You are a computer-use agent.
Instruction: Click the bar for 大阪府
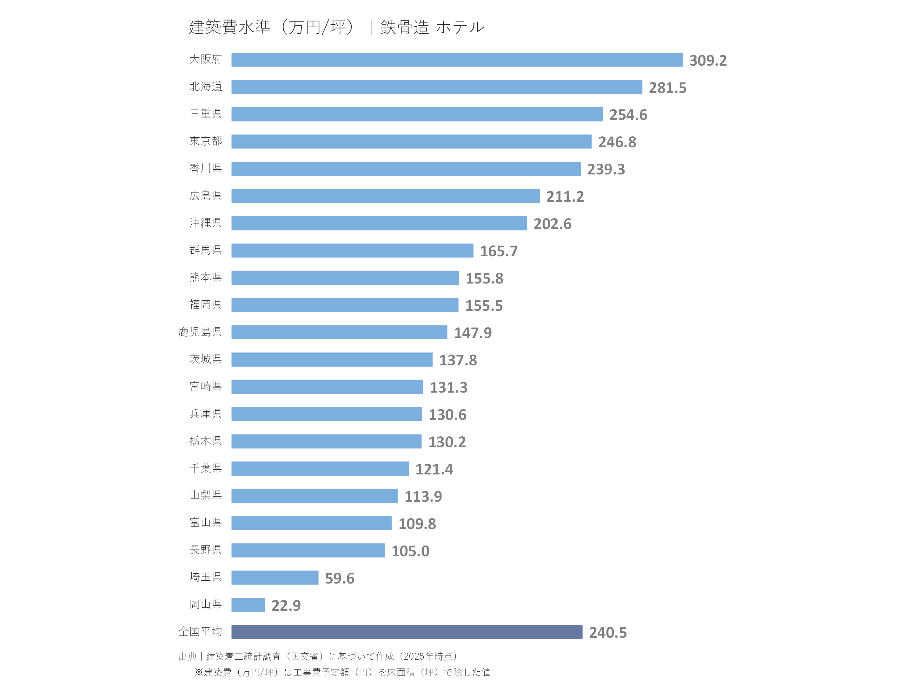tap(457, 60)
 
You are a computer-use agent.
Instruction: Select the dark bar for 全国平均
tap(407, 632)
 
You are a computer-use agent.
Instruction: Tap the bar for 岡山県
tap(248, 605)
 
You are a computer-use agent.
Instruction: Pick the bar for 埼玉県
tap(275, 577)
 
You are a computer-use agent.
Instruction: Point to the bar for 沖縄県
tap(379, 223)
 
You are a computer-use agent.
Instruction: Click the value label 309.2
tap(708, 61)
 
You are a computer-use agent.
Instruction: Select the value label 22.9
tap(286, 606)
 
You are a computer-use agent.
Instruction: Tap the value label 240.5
tap(607, 633)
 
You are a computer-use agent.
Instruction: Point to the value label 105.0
tap(410, 551)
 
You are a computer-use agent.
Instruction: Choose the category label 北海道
tap(206, 87)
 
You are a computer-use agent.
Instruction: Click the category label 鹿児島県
tap(200, 332)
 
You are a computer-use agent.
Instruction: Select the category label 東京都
tap(206, 141)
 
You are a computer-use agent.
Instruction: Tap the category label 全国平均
tap(200, 632)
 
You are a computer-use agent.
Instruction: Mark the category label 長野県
tap(206, 550)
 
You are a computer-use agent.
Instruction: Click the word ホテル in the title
tap(460, 27)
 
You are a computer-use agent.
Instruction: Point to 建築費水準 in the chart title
tap(229, 27)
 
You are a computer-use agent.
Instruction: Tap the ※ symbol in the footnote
tap(199, 673)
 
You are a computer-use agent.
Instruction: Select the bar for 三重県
tap(417, 114)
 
